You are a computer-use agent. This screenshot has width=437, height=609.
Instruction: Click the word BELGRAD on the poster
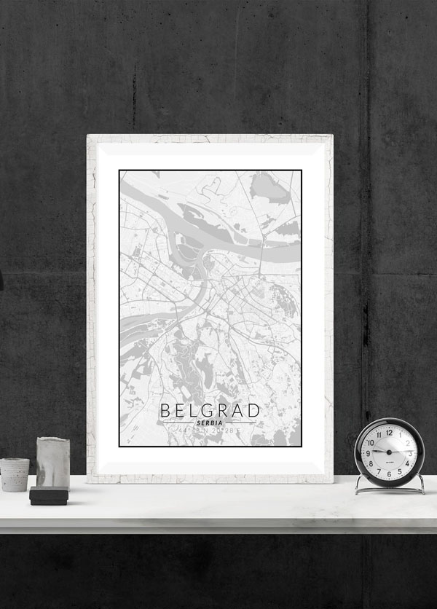210,410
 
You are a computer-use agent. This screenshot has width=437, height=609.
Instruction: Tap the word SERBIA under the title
210,423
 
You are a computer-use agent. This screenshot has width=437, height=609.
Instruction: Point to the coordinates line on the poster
210,433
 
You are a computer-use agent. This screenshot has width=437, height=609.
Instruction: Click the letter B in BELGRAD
165,410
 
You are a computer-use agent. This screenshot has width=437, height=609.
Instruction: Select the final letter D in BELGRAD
253,410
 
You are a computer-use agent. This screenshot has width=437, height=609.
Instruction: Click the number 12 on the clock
389,432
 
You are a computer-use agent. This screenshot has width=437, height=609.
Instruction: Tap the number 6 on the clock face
389,473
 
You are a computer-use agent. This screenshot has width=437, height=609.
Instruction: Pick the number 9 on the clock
369,452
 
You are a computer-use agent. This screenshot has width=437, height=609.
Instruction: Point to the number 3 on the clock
409,452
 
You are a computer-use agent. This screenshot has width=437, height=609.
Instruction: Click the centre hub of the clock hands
389,452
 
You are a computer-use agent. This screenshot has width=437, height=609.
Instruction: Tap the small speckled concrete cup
15,474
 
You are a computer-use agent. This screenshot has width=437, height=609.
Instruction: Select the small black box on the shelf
49,496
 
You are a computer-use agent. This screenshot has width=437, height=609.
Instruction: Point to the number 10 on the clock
371,442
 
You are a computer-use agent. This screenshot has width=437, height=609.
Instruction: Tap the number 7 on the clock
379,470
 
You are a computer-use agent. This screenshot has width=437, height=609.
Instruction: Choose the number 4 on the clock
406,463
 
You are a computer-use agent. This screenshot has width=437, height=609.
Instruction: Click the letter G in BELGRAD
209,410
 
